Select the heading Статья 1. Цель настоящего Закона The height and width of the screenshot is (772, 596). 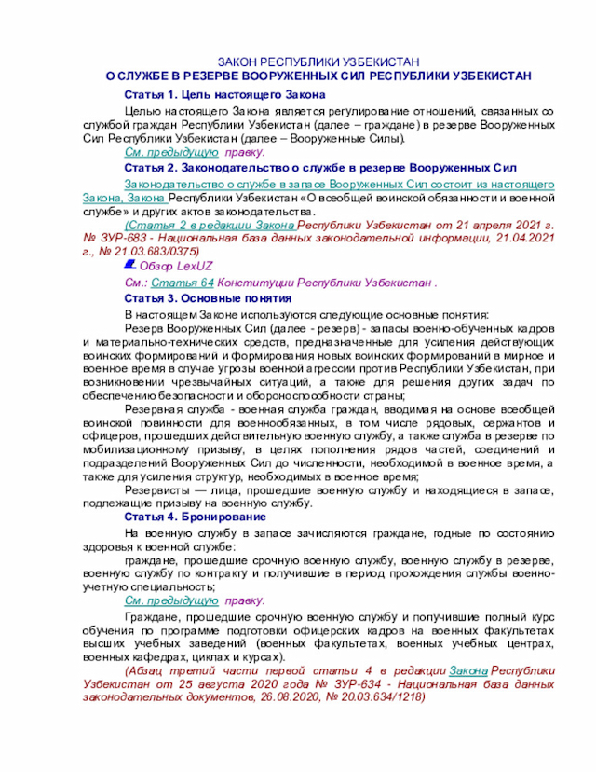point(224,96)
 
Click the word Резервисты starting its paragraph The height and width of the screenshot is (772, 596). point(157,489)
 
